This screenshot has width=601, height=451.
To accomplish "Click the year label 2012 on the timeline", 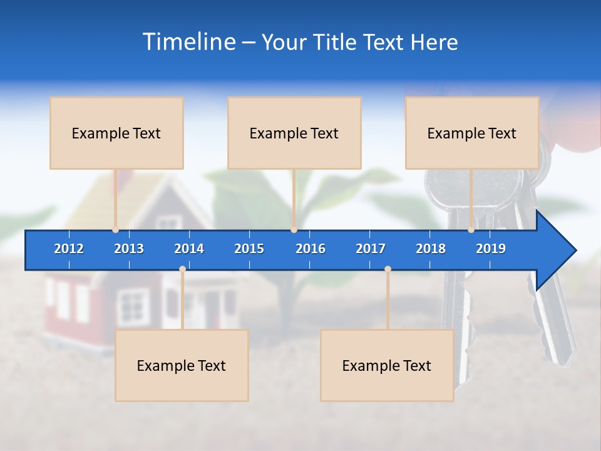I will [69, 249].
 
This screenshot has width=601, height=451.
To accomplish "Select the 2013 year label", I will [129, 249].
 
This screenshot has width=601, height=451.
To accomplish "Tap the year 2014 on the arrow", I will [189, 249].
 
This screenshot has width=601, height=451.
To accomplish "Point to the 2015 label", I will [249, 249].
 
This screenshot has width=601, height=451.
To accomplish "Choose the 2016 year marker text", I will [311, 249].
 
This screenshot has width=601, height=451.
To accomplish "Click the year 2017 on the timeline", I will [371, 249].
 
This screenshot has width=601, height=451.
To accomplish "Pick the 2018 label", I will [431, 249].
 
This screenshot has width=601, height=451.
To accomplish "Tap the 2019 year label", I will [491, 249].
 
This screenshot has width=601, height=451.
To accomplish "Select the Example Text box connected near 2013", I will [116, 133].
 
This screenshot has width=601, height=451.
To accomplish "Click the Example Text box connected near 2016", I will [294, 133].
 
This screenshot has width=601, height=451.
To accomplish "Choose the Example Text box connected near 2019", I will [472, 133].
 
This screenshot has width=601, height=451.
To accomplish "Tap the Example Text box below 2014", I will [182, 365].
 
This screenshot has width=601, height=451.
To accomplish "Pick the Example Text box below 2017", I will [387, 365].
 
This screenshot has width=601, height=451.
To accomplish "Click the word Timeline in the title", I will [188, 42].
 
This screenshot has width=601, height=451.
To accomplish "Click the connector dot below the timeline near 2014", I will [182, 269].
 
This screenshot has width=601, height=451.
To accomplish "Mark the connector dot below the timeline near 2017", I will [388, 269].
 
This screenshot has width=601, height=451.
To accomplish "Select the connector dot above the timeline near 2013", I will [116, 230].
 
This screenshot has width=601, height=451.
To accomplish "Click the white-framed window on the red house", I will [133, 307].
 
